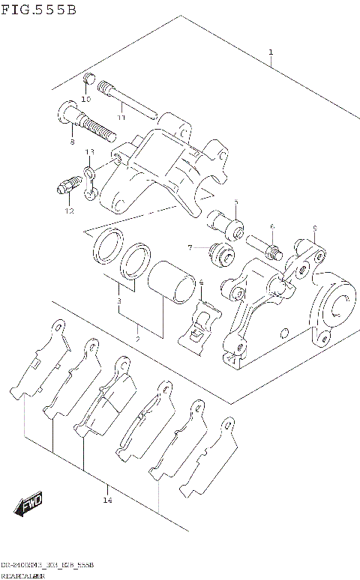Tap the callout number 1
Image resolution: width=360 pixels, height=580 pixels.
coord(270,52)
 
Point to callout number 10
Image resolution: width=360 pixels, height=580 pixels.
coord(85,99)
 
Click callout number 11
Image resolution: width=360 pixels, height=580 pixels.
coord(121,117)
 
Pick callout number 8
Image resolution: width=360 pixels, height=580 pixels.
coord(72,142)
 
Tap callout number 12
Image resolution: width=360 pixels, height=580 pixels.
coord(69,211)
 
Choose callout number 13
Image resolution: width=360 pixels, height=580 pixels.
coord(89,152)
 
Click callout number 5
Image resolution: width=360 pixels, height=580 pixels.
coord(235,202)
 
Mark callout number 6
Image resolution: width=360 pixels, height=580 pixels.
coord(272,226)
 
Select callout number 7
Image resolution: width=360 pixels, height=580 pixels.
coord(190,248)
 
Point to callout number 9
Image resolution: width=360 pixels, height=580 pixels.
coord(315,228)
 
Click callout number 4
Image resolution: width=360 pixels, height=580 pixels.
coord(201,283)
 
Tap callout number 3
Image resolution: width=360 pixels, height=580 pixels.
coord(118,300)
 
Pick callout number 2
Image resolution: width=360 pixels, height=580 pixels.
coord(137,339)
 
